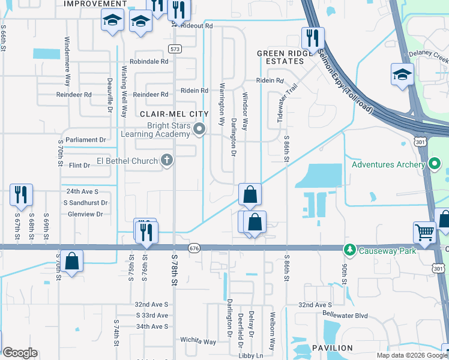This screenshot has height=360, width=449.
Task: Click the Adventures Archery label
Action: point(388,164)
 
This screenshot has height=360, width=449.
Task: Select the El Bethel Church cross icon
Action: point(167,160)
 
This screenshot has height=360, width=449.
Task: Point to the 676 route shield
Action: point(193,249)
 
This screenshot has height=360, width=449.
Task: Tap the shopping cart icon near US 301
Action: point(424,231)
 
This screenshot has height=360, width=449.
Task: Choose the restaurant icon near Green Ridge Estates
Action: point(312,37)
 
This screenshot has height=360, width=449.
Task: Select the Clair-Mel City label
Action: point(173,113)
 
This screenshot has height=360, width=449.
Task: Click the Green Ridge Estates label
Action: point(285,57)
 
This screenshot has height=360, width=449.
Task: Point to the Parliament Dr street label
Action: point(86,140)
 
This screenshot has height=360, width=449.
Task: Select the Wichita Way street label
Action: point(198,341)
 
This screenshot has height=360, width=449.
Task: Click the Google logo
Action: point(20,353)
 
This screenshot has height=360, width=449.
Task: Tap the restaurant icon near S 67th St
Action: point(20,194)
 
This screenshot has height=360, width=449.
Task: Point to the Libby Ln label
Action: point(252,356)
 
